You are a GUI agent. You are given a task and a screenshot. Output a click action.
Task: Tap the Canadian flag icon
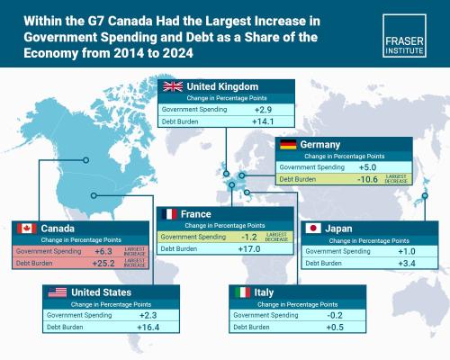click(x=25, y=229)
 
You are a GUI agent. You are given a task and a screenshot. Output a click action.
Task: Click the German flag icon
click(x=288, y=145)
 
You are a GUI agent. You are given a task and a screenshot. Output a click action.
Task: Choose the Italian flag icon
click(x=241, y=292)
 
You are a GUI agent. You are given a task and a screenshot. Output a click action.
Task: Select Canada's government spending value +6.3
click(x=103, y=251)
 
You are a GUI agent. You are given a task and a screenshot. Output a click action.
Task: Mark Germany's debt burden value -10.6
click(x=367, y=180)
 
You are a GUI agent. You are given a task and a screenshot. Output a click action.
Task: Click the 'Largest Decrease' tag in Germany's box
click(x=399, y=180)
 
